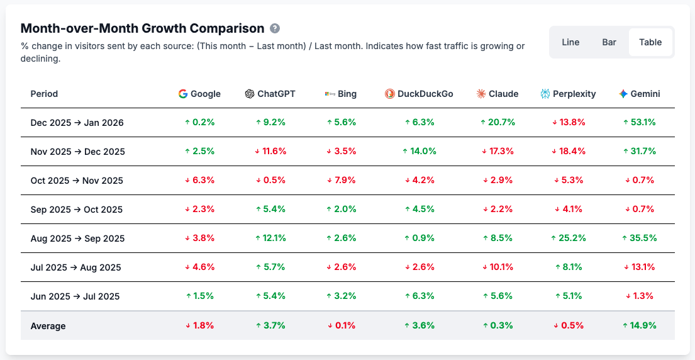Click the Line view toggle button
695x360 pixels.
[x=570, y=42]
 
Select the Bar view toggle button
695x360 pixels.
[x=609, y=42]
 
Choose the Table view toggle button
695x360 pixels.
[x=650, y=42]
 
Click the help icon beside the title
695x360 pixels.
[x=275, y=28]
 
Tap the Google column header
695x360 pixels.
[x=199, y=94]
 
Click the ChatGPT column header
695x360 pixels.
[x=270, y=94]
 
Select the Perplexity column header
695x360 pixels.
[x=568, y=94]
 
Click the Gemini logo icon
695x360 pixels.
[x=623, y=94]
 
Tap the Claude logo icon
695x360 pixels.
[x=481, y=94]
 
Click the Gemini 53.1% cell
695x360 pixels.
[x=639, y=123]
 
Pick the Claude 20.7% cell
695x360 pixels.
[x=498, y=123]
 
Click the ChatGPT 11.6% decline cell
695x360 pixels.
[x=270, y=152]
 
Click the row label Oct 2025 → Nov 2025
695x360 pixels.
[x=77, y=181]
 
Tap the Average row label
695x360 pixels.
[x=48, y=326]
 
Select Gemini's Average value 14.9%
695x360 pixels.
[x=639, y=325]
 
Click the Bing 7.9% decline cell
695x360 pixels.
[x=341, y=181]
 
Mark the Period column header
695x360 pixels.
[x=44, y=94]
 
